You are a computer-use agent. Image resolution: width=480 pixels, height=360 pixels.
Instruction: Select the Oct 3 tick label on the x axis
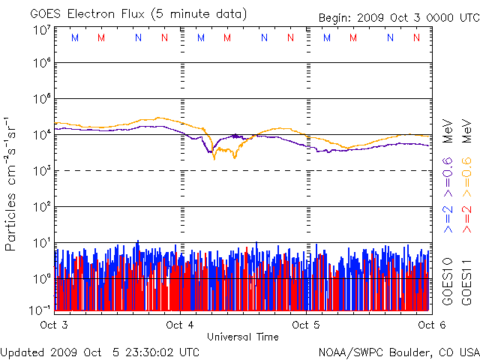tap(54, 325)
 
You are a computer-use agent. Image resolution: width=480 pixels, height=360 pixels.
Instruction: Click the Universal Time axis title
tap(243, 337)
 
